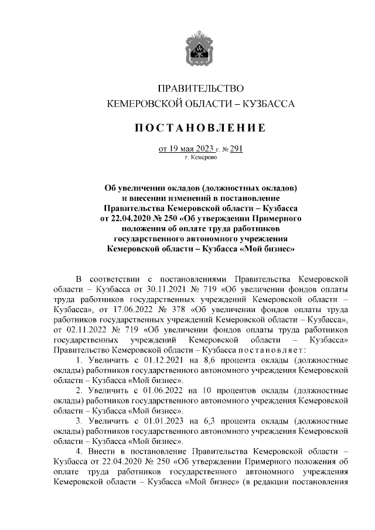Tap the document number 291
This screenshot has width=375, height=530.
tap(236, 148)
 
